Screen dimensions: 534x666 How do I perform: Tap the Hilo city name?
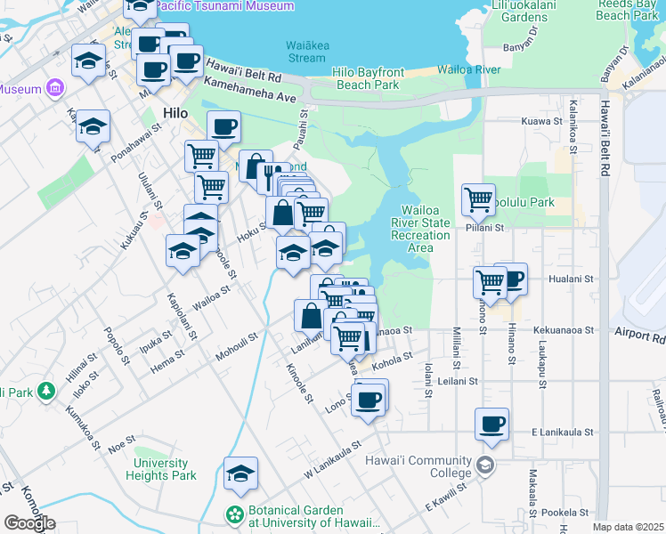tap(175, 113)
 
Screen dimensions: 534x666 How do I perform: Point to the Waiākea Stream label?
tap(305, 52)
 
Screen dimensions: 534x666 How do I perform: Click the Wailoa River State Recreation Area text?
tap(420, 235)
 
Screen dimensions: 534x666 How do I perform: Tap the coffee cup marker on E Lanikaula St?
tap(491, 425)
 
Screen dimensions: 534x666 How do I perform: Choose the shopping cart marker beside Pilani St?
tap(479, 199)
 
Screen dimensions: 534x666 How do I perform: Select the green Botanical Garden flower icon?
tap(234, 515)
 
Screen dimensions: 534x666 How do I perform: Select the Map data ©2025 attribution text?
tap(628, 527)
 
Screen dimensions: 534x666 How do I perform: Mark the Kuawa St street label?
tap(543, 120)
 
